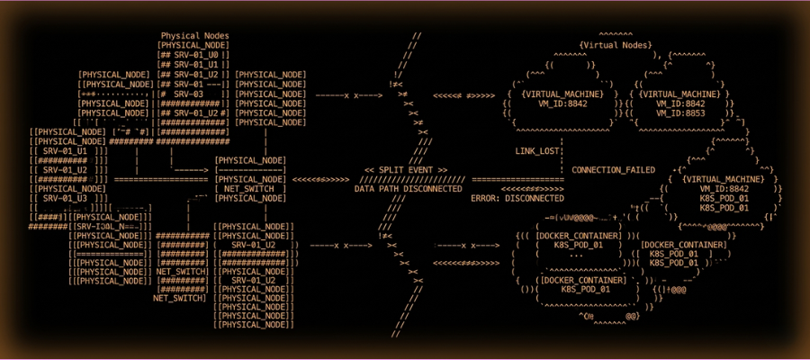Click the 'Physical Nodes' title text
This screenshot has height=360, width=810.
click(x=194, y=36)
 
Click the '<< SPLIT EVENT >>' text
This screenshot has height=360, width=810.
click(x=405, y=170)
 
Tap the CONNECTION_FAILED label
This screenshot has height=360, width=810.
click(x=613, y=170)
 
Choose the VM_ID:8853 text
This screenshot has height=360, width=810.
click(x=679, y=112)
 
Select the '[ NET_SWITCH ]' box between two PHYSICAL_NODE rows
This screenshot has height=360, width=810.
click(x=251, y=188)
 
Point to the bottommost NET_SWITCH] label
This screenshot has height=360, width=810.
click(x=180, y=297)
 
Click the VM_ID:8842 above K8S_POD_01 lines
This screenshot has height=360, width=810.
click(x=721, y=188)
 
